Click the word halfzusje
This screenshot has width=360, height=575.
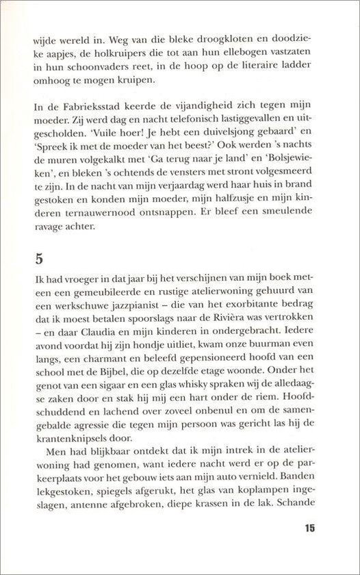pyautogui.click(x=214, y=215)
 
